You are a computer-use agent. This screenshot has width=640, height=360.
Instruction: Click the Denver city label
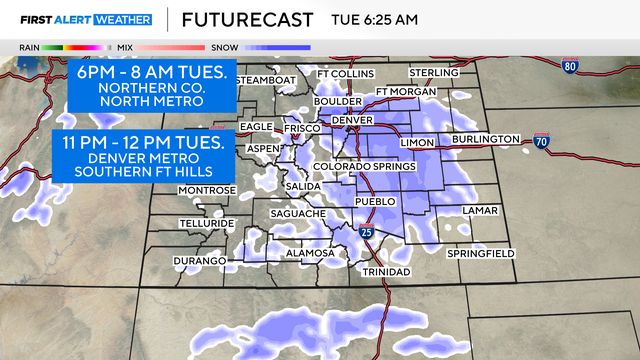[x=351, y=120]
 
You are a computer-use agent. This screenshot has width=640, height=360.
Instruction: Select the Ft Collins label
[x=344, y=74]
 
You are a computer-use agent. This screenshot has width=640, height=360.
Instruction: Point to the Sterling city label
[x=434, y=73]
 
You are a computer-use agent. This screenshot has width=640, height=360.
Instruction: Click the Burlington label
[x=485, y=138]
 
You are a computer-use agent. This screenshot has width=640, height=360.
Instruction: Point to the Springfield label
[x=482, y=254]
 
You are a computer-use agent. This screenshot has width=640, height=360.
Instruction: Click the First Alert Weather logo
[x=86, y=19]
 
